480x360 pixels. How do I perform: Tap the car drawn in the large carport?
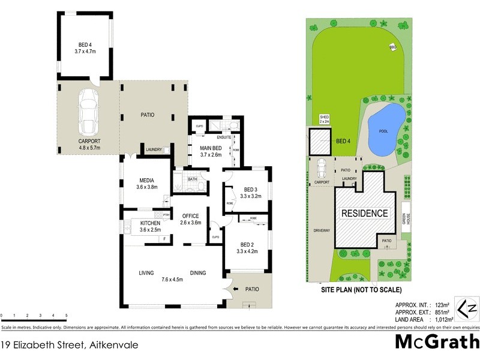tap(89, 112)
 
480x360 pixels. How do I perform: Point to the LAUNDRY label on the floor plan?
tap(154, 149)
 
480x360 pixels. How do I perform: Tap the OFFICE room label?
tap(190, 216)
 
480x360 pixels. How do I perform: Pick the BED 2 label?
tap(248, 244)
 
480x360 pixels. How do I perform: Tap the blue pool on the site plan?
tap(383, 130)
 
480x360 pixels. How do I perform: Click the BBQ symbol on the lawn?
tap(393, 47)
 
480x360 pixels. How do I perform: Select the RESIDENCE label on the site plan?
tap(365, 214)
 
